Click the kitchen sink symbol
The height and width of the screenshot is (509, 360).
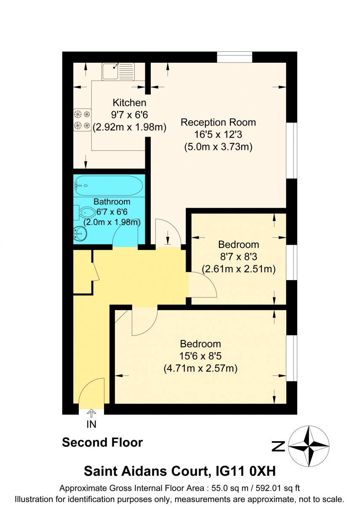pos(118,71)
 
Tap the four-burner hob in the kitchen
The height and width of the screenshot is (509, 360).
pos(83,119)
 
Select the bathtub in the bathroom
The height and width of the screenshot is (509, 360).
pos(109,185)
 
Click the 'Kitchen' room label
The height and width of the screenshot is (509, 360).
pos(129,102)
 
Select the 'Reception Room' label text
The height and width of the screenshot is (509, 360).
pos(218,122)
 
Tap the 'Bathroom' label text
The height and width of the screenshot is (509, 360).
pos(112,201)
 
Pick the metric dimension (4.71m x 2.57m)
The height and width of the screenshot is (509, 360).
pos(200,368)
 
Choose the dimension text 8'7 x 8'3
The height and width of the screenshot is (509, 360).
pos(238,257)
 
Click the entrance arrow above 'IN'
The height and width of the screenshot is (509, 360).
pos(91,414)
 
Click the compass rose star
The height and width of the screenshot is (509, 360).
pos(310,446)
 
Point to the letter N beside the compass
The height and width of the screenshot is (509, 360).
pos(278,446)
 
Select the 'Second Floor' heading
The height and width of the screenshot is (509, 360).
pos(102,443)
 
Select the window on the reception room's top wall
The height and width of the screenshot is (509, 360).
pos(235,57)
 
